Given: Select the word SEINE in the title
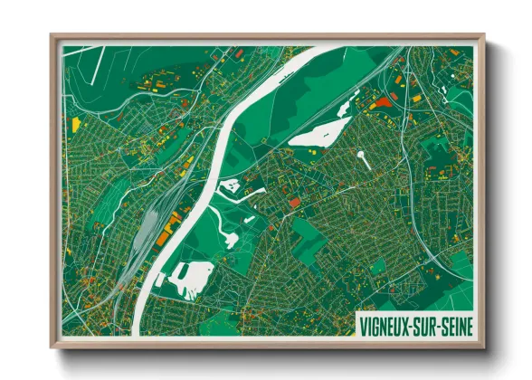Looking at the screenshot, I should [x=458, y=322].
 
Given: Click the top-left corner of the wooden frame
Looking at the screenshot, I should [x=52, y=36].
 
